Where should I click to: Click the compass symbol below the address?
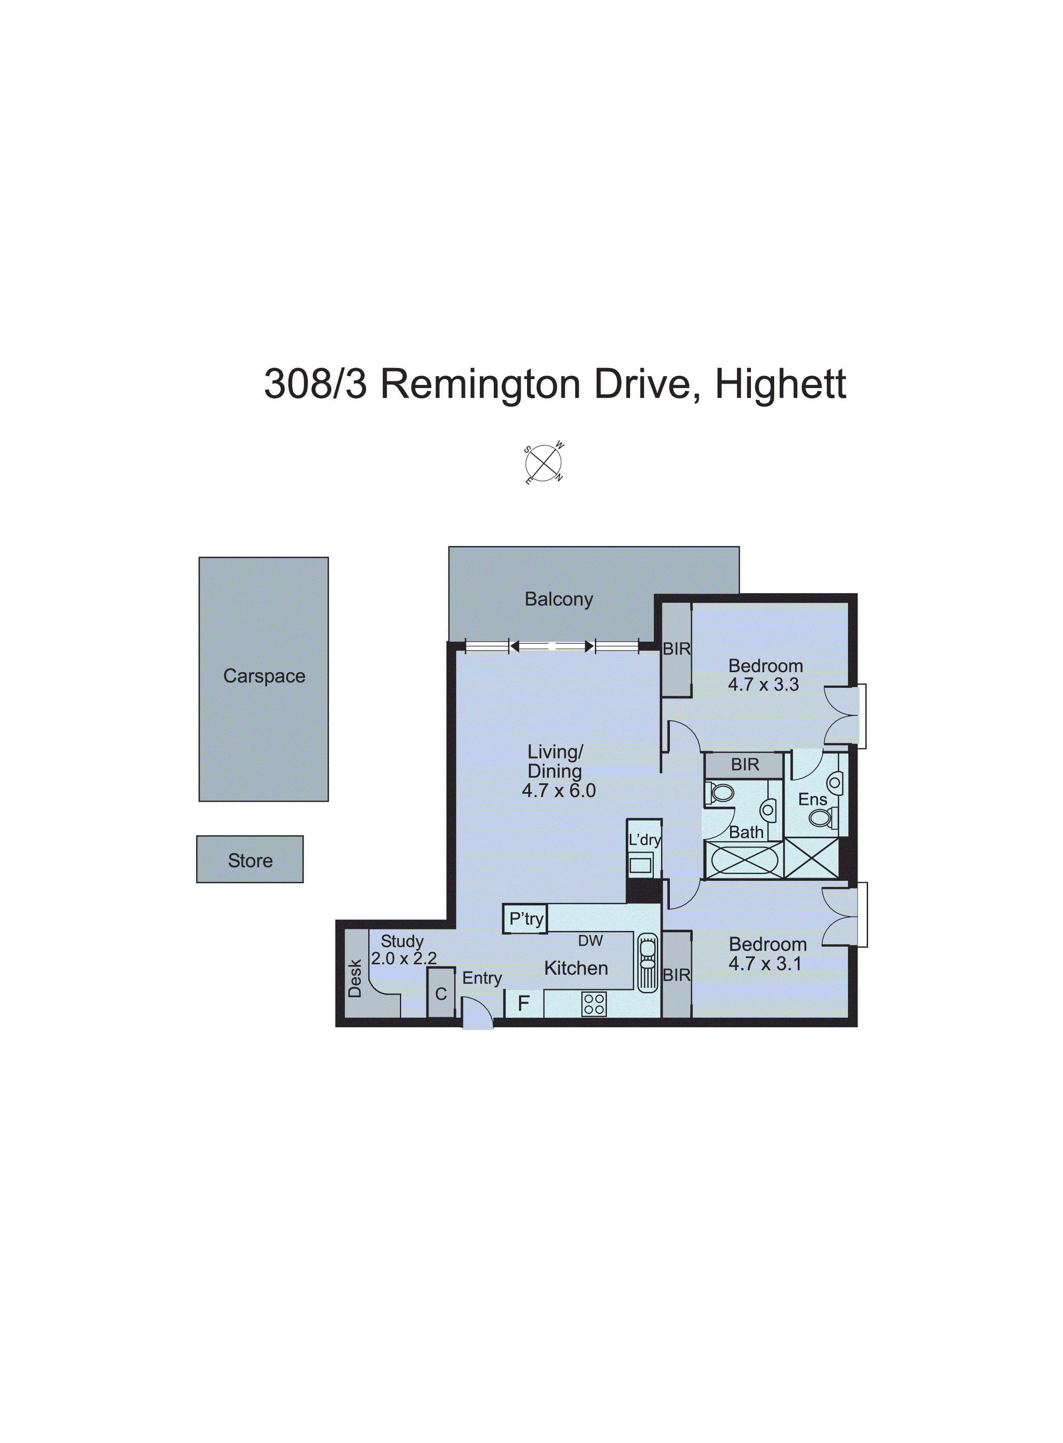(x=544, y=463)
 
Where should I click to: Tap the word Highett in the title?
(x=781, y=384)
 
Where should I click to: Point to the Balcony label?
(x=558, y=599)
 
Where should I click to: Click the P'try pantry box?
(x=526, y=919)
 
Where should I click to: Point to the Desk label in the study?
(x=355, y=978)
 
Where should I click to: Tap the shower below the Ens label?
(x=811, y=858)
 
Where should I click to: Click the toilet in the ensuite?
(x=822, y=818)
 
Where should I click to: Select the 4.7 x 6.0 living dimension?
(x=558, y=791)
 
